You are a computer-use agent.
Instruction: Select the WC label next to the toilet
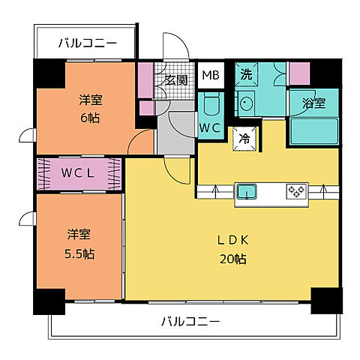pyautogui.click(x=209, y=127)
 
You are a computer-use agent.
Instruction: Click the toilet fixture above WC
pyautogui.click(x=209, y=103)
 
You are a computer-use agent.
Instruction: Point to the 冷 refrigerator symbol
pyautogui.click(x=244, y=137)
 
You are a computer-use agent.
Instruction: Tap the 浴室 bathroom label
pyautogui.click(x=313, y=103)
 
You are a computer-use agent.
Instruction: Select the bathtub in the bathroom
pyautogui.click(x=313, y=129)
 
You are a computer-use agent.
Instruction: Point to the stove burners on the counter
pyautogui.click(x=295, y=192)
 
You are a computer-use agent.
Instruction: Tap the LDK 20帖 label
pyautogui.click(x=232, y=249)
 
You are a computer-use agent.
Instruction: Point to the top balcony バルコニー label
pyautogui.click(x=87, y=43)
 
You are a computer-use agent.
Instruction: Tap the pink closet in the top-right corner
pyautogui.click(x=299, y=73)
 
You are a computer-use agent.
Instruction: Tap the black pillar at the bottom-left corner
pyautogui.click(x=49, y=300)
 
